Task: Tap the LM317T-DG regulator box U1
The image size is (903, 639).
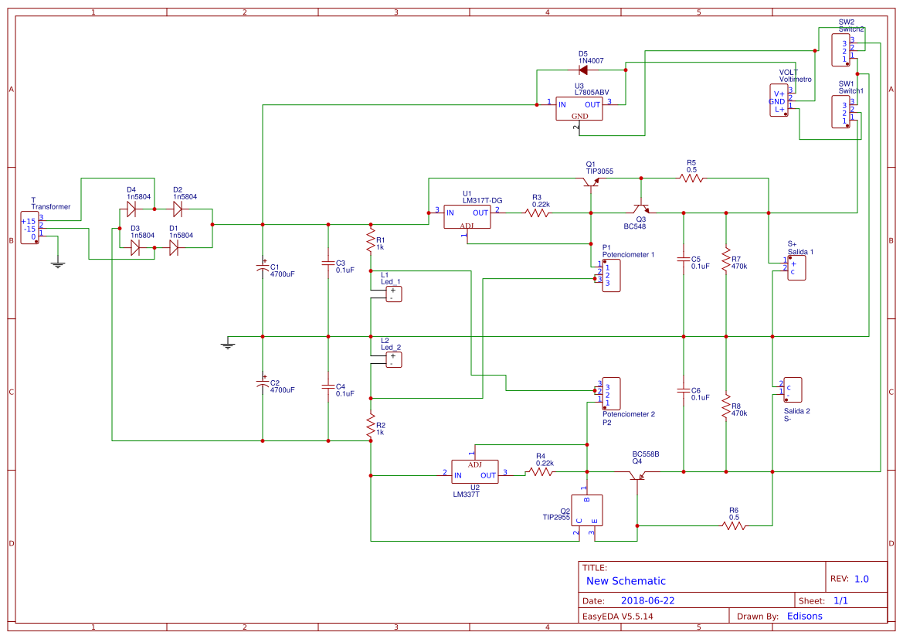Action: pyautogui.click(x=467, y=216)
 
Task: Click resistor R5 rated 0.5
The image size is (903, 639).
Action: pyautogui.click(x=692, y=178)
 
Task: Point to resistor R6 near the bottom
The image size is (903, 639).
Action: pyautogui.click(x=734, y=525)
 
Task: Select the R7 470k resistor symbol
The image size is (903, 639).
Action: pyautogui.click(x=726, y=259)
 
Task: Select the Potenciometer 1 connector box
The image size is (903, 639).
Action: pyautogui.click(x=610, y=276)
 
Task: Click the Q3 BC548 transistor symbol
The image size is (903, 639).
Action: pyautogui.click(x=640, y=208)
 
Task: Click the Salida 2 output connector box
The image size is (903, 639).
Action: pyautogui.click(x=793, y=389)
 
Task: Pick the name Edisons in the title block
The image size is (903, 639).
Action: pyautogui.click(x=804, y=616)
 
